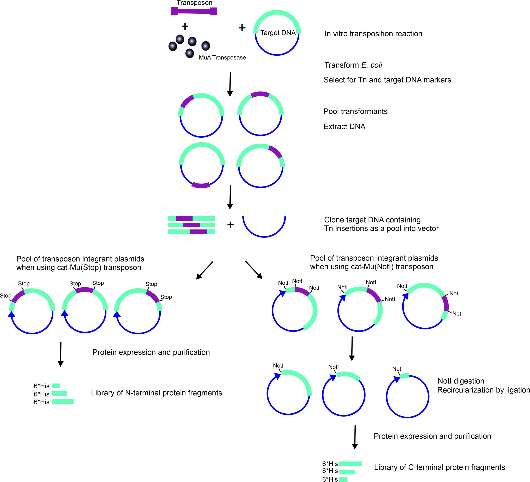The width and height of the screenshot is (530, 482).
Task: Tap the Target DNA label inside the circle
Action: (278, 33)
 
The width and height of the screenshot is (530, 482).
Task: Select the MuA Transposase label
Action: (222, 57)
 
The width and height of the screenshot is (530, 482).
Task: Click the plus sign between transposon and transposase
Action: (185, 26)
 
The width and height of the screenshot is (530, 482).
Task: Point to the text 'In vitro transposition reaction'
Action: (373, 34)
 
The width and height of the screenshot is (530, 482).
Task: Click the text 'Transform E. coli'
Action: (353, 65)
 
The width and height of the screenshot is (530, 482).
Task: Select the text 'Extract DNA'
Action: (344, 126)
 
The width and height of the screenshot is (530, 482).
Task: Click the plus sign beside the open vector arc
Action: (230, 224)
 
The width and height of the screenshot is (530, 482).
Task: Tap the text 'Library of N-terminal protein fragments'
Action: (157, 393)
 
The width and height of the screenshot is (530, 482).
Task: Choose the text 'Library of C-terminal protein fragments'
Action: (440, 467)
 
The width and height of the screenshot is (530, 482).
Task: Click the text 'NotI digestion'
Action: (461, 381)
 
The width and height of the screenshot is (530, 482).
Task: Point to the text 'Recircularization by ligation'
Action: (483, 390)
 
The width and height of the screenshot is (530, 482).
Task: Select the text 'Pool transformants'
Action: (355, 111)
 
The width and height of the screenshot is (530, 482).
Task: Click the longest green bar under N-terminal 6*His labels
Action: (63, 402)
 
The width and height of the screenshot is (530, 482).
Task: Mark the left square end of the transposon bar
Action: (175, 11)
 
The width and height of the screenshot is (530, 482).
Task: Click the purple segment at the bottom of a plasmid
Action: (201, 185)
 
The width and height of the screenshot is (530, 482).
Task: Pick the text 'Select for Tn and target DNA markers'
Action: (387, 80)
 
